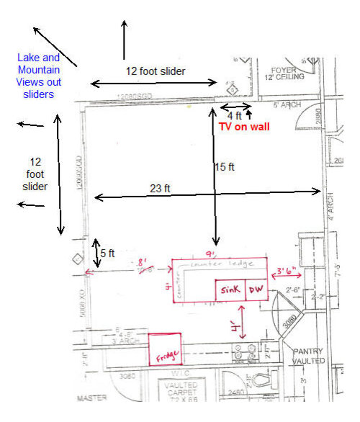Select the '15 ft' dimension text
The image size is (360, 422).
[225, 167]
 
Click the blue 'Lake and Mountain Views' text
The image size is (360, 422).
[39, 76]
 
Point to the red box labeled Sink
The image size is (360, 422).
[230, 289]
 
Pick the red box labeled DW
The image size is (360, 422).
[256, 289]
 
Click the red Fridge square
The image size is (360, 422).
[164, 349]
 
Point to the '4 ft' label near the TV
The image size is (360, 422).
[235, 115]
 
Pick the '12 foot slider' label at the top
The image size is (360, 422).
[156, 71]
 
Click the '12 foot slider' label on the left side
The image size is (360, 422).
[35, 174]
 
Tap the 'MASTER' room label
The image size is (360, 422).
[91, 398]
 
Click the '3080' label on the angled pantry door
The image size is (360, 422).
[289, 324]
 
